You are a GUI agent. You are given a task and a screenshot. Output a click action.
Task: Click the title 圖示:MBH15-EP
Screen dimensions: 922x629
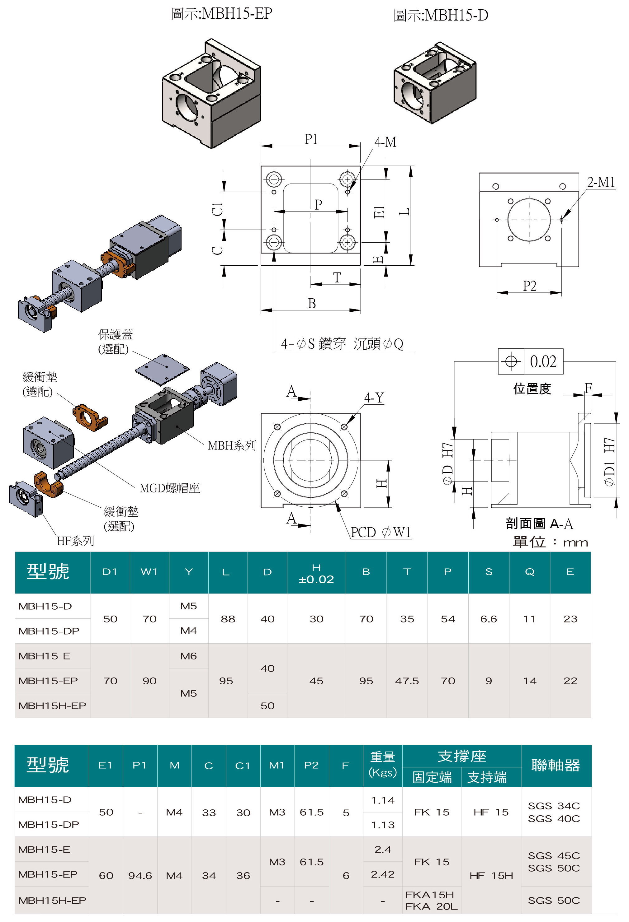point(221,13)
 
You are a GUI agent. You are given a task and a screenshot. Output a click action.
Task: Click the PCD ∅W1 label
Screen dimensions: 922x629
point(381,532)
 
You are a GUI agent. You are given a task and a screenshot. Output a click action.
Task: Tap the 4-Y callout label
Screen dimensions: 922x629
point(374,398)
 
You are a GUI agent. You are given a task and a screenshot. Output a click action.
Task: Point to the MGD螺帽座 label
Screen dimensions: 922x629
point(170,488)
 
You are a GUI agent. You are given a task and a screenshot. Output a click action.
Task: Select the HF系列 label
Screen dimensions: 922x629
point(75,541)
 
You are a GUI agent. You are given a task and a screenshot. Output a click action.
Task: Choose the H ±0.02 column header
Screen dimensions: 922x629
point(316,573)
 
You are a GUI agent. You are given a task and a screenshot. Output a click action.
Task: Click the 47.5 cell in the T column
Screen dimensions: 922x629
point(407,681)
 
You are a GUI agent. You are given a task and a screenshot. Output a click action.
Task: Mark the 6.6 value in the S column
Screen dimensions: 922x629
point(489,619)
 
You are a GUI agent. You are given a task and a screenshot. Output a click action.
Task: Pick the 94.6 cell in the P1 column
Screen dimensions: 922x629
point(140,876)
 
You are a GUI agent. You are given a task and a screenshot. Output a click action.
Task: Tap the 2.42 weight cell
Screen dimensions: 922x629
point(382,874)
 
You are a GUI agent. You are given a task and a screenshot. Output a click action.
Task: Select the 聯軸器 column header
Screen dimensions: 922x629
point(556,765)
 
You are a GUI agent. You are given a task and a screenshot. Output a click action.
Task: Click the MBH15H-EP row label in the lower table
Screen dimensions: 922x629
point(52,900)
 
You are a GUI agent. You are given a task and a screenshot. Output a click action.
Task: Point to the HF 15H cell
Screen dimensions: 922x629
point(491,876)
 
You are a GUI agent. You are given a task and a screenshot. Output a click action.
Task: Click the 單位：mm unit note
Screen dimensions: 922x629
point(550,542)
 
